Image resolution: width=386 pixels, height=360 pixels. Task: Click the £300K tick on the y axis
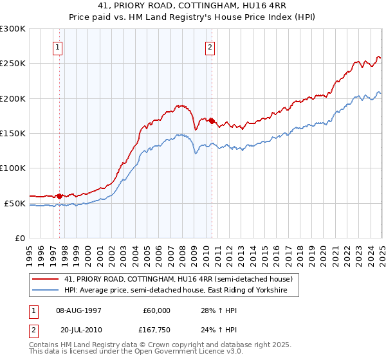tap(13, 29)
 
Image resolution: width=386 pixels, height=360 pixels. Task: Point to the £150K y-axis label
tap(13, 134)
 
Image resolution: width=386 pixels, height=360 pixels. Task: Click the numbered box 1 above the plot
tap(59, 46)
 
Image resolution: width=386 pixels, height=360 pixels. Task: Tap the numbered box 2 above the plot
tap(210, 46)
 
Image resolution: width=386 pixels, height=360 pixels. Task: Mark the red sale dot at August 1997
tap(60, 196)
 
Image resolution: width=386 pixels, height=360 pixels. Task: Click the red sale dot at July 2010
tap(212, 121)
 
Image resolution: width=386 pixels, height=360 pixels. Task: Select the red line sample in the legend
tap(45, 279)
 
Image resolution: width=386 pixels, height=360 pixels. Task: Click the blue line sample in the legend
tap(45, 291)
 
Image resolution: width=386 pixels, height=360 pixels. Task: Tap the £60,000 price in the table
tap(156, 310)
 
